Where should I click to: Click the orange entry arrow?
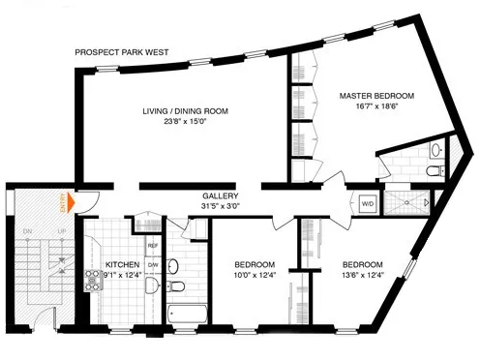(68, 203)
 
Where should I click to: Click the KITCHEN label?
(122, 263)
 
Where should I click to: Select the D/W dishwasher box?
(153, 265)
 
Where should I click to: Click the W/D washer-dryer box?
(368, 204)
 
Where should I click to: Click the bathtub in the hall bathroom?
(184, 315)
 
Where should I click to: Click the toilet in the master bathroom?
(432, 171)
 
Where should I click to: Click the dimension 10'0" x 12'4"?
(255, 276)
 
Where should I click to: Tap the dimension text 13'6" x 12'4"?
(362, 276)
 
